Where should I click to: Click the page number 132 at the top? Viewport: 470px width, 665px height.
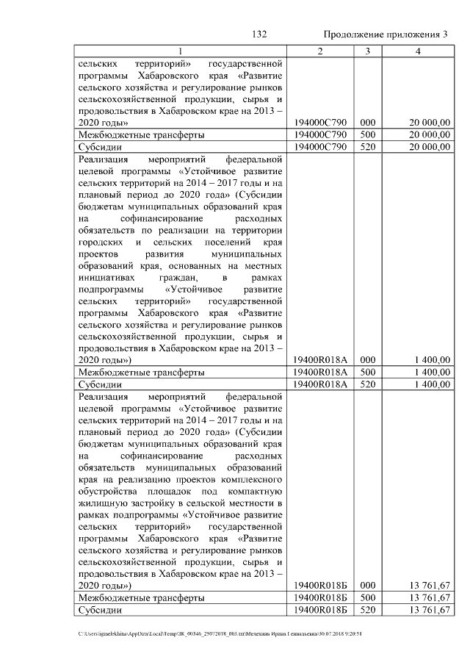coord(258,35)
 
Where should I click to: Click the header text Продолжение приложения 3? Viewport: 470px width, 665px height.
coord(386,35)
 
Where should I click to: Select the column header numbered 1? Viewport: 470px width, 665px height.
coord(181,51)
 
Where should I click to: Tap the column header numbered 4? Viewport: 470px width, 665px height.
coord(418,51)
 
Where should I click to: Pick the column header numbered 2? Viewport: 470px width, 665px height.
coord(320,51)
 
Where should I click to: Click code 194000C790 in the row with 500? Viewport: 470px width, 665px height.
coord(320,134)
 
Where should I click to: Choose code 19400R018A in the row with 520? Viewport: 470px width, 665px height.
coord(320,384)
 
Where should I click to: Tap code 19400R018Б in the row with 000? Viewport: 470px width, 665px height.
coord(320,586)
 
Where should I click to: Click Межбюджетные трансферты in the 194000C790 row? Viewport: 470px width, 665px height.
coord(141,134)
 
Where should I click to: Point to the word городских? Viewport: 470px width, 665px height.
coord(100,242)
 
